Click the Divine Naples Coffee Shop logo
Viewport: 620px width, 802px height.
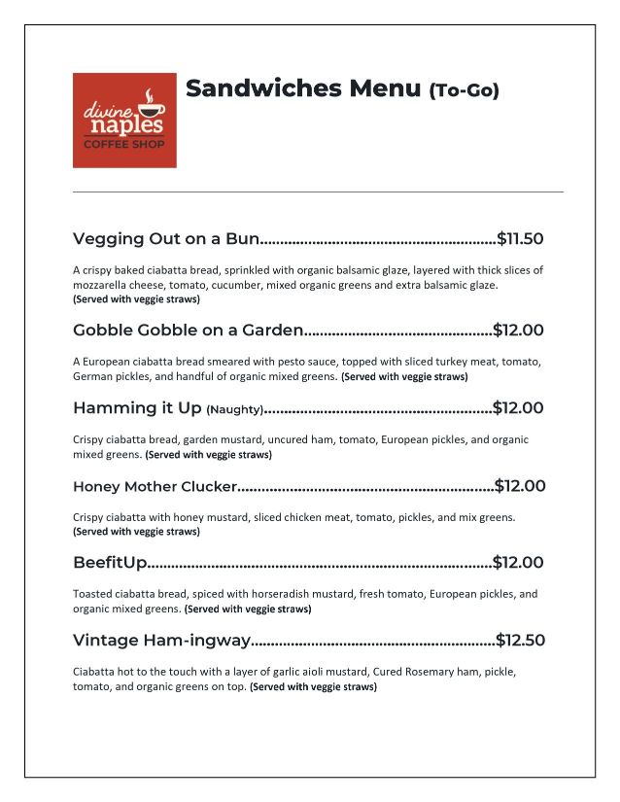124,120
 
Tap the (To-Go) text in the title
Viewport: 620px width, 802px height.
464,90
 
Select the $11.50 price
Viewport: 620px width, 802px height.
520,238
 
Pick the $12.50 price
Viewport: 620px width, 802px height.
520,640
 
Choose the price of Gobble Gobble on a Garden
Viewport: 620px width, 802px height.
518,330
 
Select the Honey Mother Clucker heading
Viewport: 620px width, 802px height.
155,486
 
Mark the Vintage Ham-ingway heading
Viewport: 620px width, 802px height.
161,640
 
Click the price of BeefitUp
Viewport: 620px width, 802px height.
518,562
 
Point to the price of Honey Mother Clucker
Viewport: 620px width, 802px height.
520,486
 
